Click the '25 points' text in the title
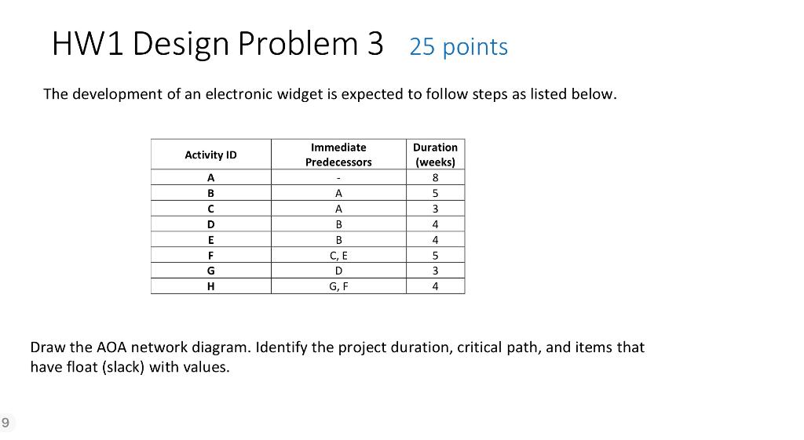tap(459, 47)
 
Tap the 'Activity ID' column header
tap(210, 155)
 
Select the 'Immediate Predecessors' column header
tap(338, 155)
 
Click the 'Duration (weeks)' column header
tap(435, 155)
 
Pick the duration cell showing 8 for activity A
tap(435, 177)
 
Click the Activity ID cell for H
tap(210, 286)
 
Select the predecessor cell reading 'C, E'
tap(338, 255)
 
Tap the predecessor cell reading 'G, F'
tap(338, 286)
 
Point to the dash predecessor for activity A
tap(338, 177)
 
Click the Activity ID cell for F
tap(210, 255)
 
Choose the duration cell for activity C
tap(435, 209)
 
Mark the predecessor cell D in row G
tap(338, 271)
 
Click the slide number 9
tap(5, 423)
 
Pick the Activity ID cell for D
tap(210, 224)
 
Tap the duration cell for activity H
tap(435, 286)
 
